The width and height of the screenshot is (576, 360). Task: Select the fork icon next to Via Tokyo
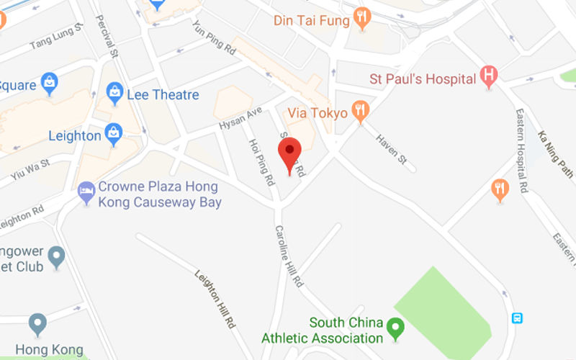pos(361,111)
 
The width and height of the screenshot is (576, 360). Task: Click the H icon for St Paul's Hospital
pos(489,76)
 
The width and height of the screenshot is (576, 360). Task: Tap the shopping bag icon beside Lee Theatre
pos(114,92)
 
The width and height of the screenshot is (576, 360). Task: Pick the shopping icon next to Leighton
pos(114,133)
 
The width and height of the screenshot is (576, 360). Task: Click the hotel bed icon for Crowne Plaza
pos(86,192)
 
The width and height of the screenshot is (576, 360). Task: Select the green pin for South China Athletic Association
pos(395,328)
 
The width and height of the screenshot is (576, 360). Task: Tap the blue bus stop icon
pos(517,318)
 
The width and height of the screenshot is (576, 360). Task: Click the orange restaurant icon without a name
pos(500,189)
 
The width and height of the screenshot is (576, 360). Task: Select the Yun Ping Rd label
pos(215,39)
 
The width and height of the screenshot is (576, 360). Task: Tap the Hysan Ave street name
pos(240,119)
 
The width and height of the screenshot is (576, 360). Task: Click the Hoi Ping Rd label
pos(261,159)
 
